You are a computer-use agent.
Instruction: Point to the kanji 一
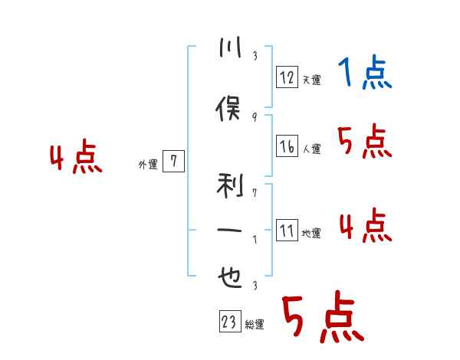tap(229, 231)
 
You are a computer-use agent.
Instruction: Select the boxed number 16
tap(287, 146)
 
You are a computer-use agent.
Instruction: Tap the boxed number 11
tap(287, 230)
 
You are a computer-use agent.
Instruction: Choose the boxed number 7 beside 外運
tap(174, 161)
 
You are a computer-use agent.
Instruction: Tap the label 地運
tap(310, 234)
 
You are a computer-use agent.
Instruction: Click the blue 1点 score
tap(364, 74)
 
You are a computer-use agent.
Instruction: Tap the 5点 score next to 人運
tap(364, 142)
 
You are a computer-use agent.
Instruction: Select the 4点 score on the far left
tap(75, 159)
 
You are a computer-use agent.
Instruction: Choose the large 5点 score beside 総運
tap(322, 318)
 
